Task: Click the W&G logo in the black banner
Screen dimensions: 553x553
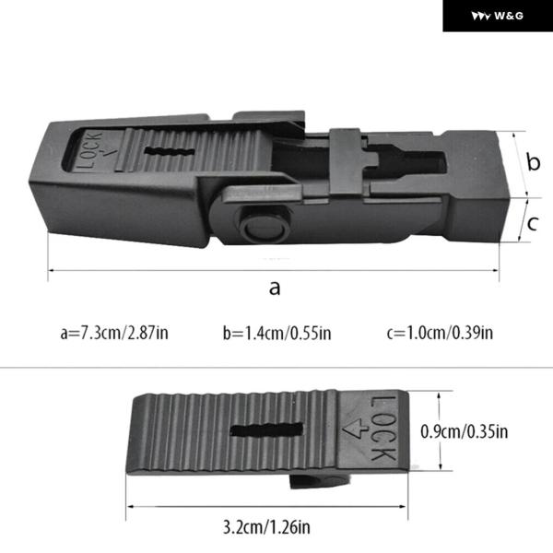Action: (x=498, y=16)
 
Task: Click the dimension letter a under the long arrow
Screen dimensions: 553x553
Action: (x=275, y=288)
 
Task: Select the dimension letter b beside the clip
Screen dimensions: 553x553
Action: (x=534, y=162)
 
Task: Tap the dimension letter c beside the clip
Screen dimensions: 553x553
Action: (x=533, y=224)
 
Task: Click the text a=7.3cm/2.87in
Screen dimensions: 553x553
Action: (x=114, y=333)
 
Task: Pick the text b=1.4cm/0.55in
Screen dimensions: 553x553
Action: (x=276, y=333)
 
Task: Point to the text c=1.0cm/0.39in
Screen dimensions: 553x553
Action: (x=440, y=333)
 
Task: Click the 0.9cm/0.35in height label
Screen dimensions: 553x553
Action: (x=465, y=431)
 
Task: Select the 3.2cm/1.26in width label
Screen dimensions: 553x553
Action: (x=266, y=527)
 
